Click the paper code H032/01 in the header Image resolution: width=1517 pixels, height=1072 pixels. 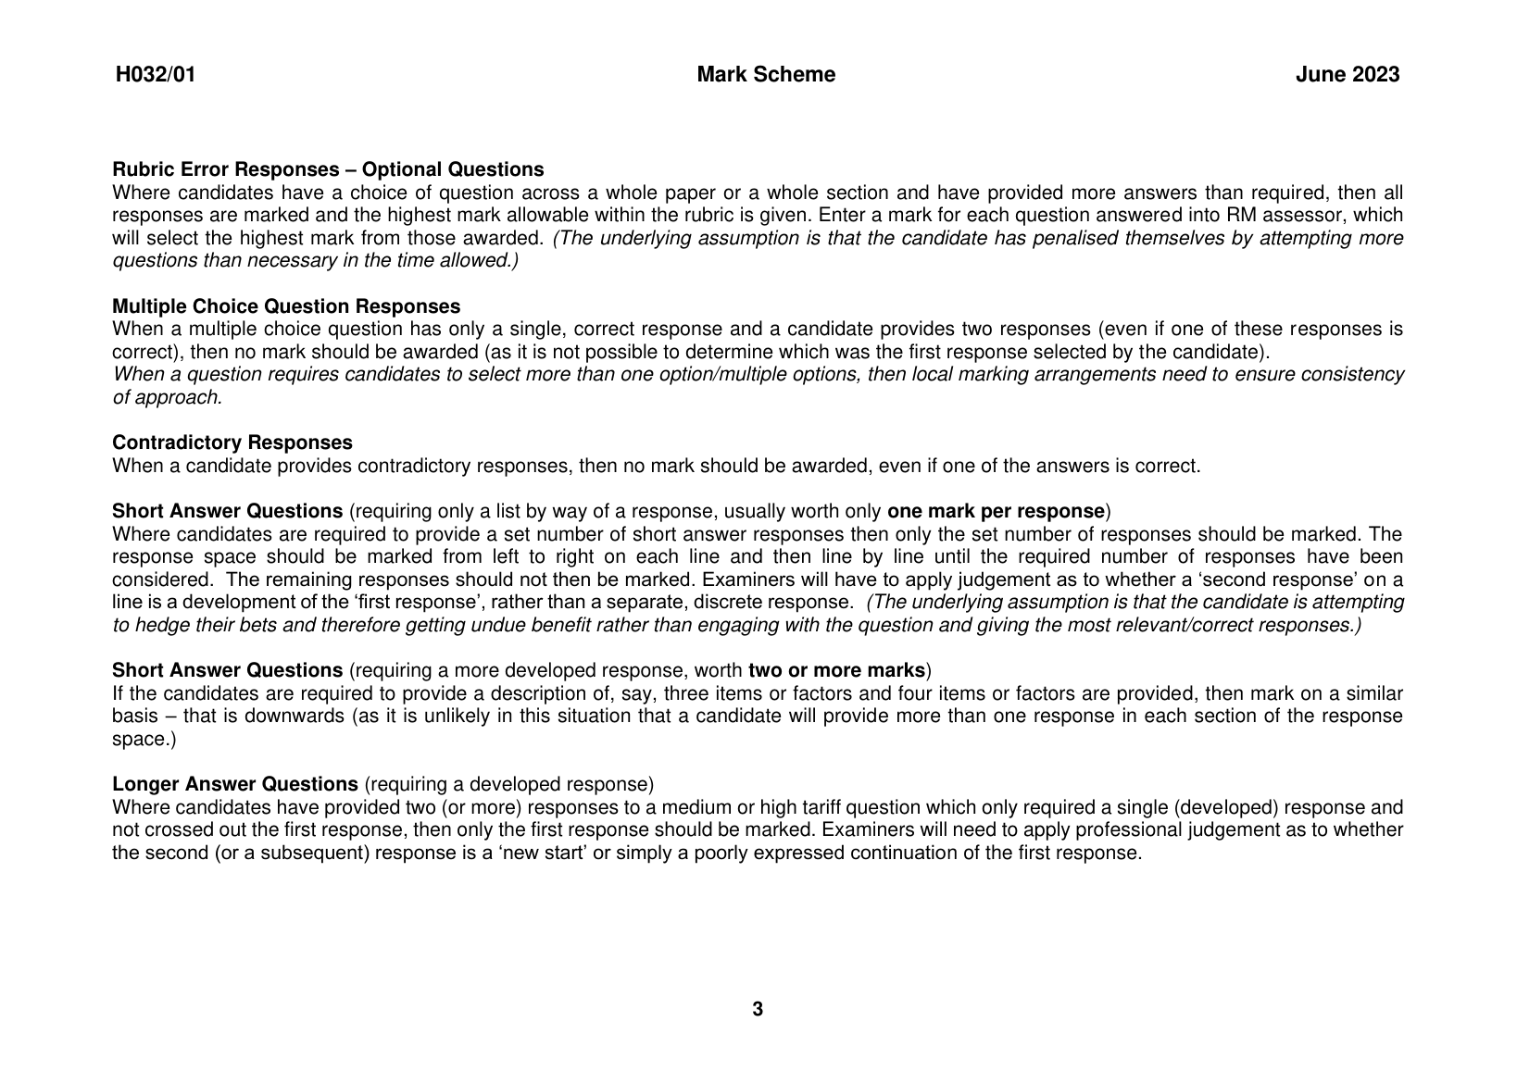tap(156, 75)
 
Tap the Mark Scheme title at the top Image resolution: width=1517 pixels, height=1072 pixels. tap(765, 75)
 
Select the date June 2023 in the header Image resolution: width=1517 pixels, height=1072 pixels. tap(1348, 75)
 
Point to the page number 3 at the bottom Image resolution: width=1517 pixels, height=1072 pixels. tap(758, 1009)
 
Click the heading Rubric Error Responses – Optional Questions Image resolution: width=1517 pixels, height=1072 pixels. tap(328, 169)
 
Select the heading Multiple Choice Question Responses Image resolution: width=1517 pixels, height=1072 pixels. tap(286, 306)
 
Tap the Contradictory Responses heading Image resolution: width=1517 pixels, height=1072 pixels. tap(232, 443)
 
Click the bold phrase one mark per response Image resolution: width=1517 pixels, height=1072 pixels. tap(996, 511)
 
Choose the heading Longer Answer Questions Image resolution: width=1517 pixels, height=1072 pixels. tap(235, 784)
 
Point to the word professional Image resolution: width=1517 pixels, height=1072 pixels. tap(1130, 829)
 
